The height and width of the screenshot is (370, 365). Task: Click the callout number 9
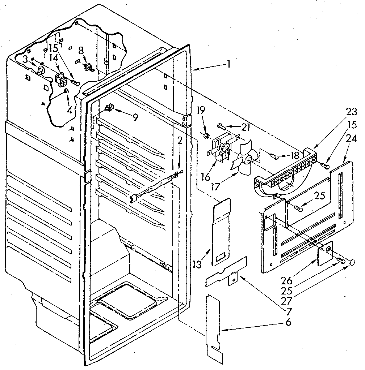135,117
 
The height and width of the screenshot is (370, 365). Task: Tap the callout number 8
81,50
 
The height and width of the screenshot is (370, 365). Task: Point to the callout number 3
24,59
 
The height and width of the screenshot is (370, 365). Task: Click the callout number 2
180,141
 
